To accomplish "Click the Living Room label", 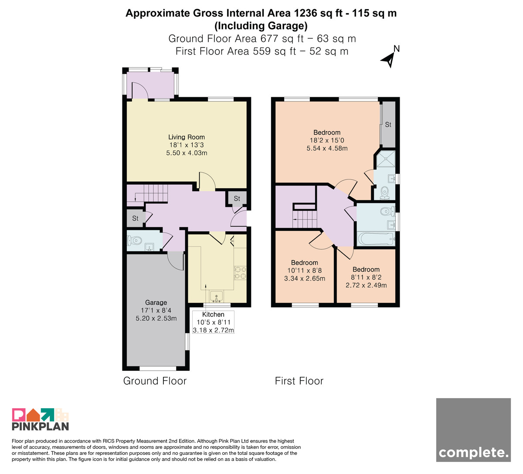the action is (x=187, y=137).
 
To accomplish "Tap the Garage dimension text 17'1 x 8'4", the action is (x=156, y=310).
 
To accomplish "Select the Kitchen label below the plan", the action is (x=213, y=315).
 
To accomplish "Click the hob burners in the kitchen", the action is (x=240, y=272).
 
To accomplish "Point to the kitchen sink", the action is (x=216, y=297).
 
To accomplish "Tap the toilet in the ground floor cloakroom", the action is (x=134, y=240).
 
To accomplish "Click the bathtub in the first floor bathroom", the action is (x=376, y=239).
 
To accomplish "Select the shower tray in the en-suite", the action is (x=386, y=159).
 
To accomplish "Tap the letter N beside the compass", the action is (x=396, y=49).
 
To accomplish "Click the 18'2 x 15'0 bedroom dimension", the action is (x=327, y=140).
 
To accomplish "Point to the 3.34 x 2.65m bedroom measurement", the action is (x=305, y=278).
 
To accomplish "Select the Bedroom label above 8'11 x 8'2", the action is (x=366, y=269).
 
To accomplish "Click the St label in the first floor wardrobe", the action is (x=388, y=125).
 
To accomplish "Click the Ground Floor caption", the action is (x=155, y=381).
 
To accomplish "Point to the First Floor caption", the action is (x=299, y=381).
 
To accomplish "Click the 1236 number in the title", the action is (x=305, y=13).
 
